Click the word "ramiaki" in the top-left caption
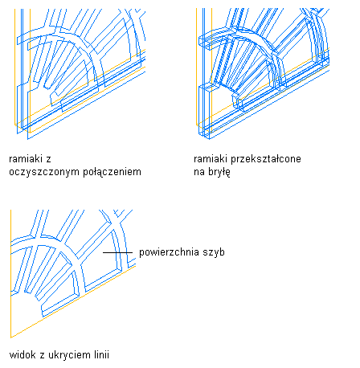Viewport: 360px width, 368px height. point(25,159)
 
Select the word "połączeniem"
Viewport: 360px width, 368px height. point(112,172)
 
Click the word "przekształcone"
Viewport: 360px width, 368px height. point(266,159)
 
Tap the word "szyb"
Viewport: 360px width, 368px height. point(214,252)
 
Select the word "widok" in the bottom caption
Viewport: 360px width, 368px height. point(22,355)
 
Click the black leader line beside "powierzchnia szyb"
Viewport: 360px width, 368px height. point(118,252)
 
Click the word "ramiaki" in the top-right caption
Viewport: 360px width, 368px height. point(211,159)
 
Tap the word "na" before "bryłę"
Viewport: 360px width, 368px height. point(199,173)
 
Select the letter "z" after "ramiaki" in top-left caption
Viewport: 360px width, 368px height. point(48,160)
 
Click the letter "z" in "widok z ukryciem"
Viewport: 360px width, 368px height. point(43,356)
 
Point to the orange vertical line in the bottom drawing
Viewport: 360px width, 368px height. point(10,274)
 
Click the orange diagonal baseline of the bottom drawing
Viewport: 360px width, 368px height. point(73,301)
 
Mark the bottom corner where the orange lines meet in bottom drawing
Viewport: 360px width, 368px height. point(10,337)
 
